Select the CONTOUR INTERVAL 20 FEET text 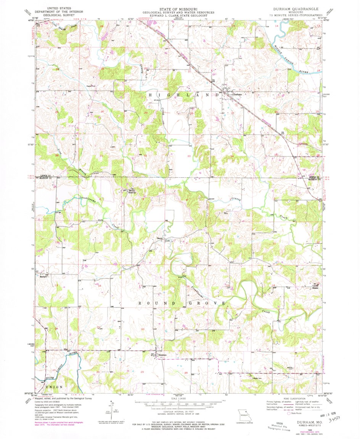[179, 411]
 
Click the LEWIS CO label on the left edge [46, 176]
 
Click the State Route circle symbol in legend [289, 412]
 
